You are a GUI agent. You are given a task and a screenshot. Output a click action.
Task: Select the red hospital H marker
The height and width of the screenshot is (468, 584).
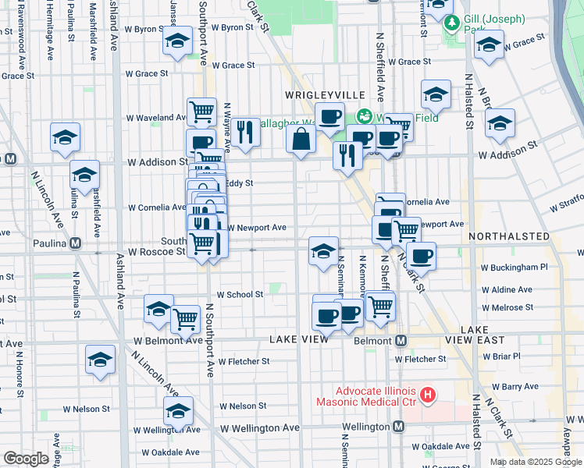(427, 395)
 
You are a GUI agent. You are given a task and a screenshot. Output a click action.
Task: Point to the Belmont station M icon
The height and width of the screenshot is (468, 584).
(401, 341)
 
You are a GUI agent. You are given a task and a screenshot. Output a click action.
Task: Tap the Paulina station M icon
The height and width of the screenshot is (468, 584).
(75, 243)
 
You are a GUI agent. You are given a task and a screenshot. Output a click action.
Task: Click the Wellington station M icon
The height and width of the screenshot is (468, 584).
(398, 427)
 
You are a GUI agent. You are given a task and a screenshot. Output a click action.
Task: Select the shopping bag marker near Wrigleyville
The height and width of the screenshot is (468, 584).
(301, 140)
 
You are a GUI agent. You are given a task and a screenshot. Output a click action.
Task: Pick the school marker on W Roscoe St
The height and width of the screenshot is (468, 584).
(324, 251)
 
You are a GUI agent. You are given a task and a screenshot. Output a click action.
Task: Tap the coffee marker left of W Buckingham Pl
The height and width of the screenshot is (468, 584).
(421, 255)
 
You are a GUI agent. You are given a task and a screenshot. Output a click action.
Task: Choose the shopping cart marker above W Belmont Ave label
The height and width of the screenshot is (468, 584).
(185, 318)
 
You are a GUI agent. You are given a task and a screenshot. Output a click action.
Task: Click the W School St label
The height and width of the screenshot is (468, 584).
(240, 294)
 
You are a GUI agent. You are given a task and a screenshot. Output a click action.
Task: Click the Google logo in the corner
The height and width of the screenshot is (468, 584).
(26, 459)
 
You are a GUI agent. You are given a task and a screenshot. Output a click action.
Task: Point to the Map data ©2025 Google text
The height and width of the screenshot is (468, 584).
(535, 462)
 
